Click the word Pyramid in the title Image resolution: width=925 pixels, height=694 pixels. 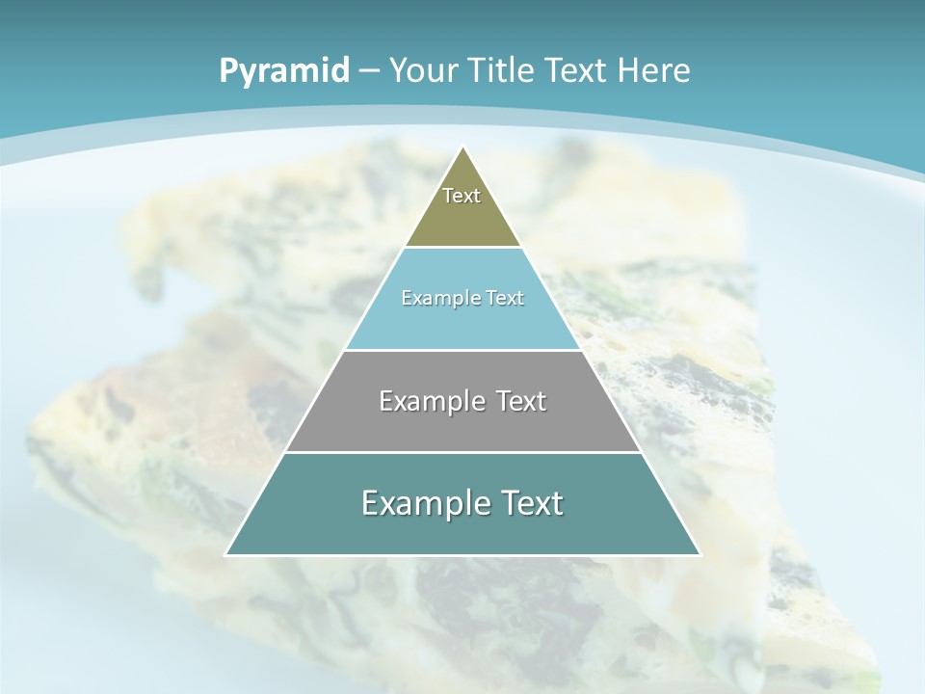point(284,70)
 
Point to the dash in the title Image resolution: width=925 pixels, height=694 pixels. point(368,70)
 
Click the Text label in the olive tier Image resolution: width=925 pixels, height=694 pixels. point(462,196)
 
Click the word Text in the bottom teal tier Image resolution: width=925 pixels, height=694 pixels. point(528,503)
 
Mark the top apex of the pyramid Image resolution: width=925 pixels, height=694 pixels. point(463,147)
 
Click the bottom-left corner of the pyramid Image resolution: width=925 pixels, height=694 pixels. point(225,555)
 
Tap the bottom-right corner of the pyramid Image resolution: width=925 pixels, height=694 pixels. point(700,555)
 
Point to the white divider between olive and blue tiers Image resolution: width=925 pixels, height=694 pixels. point(463,248)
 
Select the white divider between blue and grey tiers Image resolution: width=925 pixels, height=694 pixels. point(463,350)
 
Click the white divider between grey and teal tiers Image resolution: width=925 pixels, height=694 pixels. point(463,452)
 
